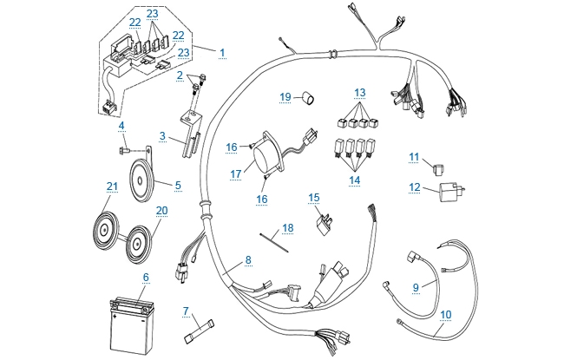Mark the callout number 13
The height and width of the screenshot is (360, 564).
point(360,92)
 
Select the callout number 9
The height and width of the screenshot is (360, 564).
point(416,286)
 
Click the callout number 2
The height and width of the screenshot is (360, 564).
point(180,75)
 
